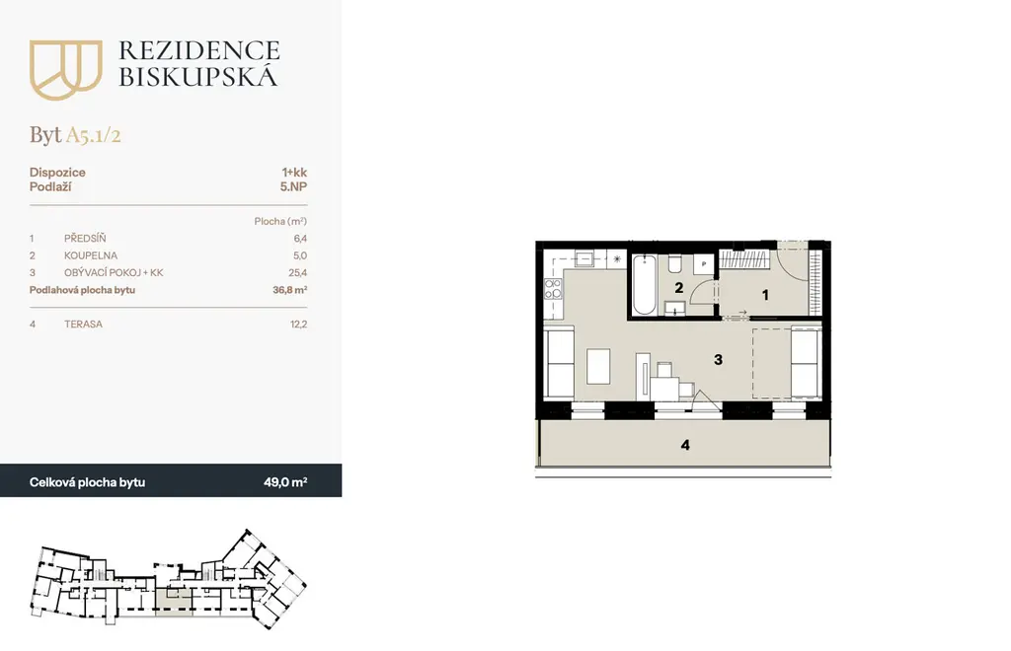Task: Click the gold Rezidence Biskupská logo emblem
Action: click(66, 70)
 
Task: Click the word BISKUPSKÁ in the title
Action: click(198, 77)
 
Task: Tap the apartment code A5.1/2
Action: click(94, 135)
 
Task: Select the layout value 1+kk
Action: click(294, 172)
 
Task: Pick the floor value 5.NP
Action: click(293, 186)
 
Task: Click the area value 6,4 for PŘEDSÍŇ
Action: click(300, 239)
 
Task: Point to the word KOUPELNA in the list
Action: click(90, 255)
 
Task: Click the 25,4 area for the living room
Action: click(298, 272)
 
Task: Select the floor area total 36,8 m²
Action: click(289, 290)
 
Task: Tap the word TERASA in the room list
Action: click(83, 324)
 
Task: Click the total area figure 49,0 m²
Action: click(285, 482)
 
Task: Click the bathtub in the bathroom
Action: click(644, 285)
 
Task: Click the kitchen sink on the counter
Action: click(584, 259)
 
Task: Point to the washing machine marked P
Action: click(703, 264)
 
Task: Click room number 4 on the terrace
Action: click(685, 445)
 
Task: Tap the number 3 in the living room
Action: click(719, 359)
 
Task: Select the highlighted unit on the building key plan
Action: click(174, 604)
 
